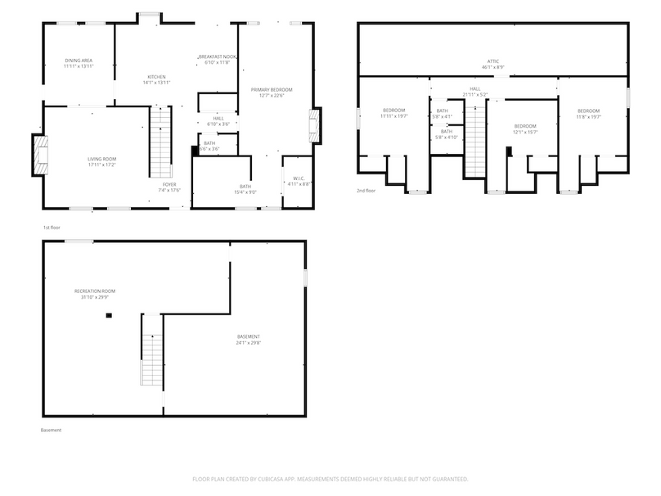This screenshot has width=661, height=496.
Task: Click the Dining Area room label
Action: click(79, 63)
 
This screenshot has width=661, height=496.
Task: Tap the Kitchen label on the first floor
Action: click(156, 79)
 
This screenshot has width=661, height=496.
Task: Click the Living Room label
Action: click(102, 161)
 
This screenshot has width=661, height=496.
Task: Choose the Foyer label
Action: click(170, 188)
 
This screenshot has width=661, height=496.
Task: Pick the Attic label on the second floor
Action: click(492, 63)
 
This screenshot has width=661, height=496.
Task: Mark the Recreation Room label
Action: click(94, 293)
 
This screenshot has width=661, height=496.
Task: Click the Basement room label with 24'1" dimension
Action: click(249, 340)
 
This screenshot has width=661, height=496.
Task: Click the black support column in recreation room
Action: click(107, 315)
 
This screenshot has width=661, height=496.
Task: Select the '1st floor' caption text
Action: click(52, 227)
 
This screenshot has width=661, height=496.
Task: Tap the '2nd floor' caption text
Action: click(365, 191)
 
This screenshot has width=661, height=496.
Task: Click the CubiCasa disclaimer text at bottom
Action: click(330, 478)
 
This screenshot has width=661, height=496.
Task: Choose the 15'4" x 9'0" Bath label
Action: click(245, 189)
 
